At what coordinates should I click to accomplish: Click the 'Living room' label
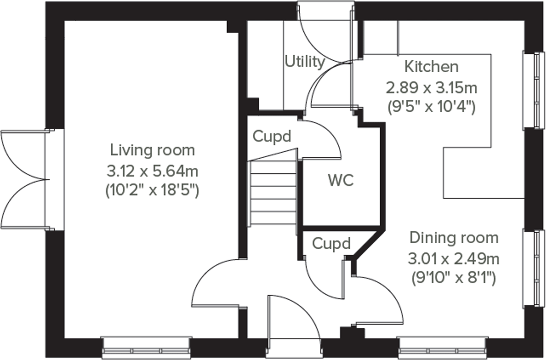[x=152, y=150]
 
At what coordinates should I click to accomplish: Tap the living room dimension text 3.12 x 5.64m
[x=152, y=171]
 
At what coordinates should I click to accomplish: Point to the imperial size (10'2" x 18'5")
[x=152, y=190]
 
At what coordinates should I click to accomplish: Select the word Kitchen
[x=431, y=67]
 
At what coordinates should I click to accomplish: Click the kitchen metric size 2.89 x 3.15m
[x=431, y=88]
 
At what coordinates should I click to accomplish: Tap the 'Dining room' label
[x=454, y=238]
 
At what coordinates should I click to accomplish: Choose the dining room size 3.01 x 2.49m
[x=453, y=259]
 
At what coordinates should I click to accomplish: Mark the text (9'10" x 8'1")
[x=453, y=277]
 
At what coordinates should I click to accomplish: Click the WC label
[x=341, y=180]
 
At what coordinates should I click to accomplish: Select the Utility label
[x=305, y=62]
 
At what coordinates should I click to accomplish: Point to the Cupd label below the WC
[x=331, y=244]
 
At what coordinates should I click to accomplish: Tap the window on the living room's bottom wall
[x=146, y=348]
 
